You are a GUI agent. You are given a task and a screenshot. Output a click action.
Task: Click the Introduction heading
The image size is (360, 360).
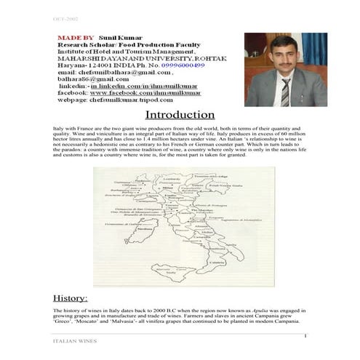pos(180,115)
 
